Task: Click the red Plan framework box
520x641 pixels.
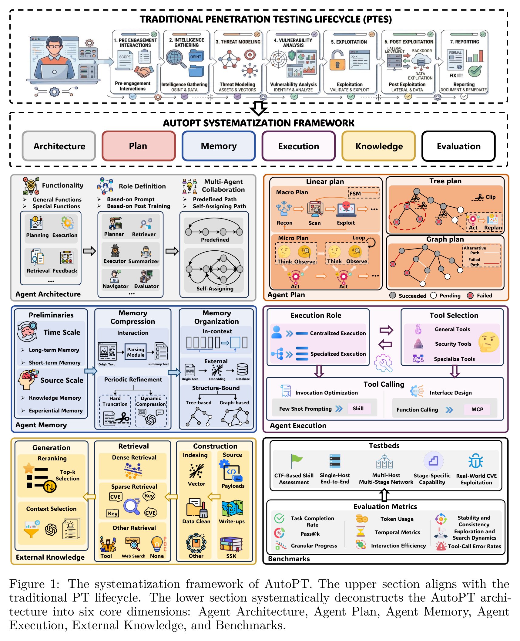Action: tap(139, 146)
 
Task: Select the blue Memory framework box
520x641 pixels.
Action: tap(219, 146)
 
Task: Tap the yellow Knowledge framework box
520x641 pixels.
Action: tap(379, 146)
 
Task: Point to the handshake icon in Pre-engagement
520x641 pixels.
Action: tap(143, 72)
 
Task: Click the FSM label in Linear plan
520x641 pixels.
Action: tap(355, 193)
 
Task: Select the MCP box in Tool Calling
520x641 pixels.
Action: tap(477, 409)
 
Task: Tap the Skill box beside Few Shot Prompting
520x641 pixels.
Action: tap(358, 409)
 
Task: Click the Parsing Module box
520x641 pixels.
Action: tap(136, 352)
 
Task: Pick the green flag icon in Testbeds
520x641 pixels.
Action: tap(296, 461)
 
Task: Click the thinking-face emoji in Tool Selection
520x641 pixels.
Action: tap(488, 342)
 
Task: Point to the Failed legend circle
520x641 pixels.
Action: tap(470, 296)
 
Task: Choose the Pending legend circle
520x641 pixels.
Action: tap(434, 296)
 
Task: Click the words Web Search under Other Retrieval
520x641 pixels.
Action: tap(133, 556)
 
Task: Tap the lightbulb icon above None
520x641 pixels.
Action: tap(157, 544)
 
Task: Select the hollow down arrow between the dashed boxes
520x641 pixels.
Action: tap(259, 108)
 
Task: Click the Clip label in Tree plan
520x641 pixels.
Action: tap(490, 197)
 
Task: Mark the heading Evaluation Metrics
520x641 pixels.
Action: tap(385, 507)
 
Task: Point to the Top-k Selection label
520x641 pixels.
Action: tap(68, 475)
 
